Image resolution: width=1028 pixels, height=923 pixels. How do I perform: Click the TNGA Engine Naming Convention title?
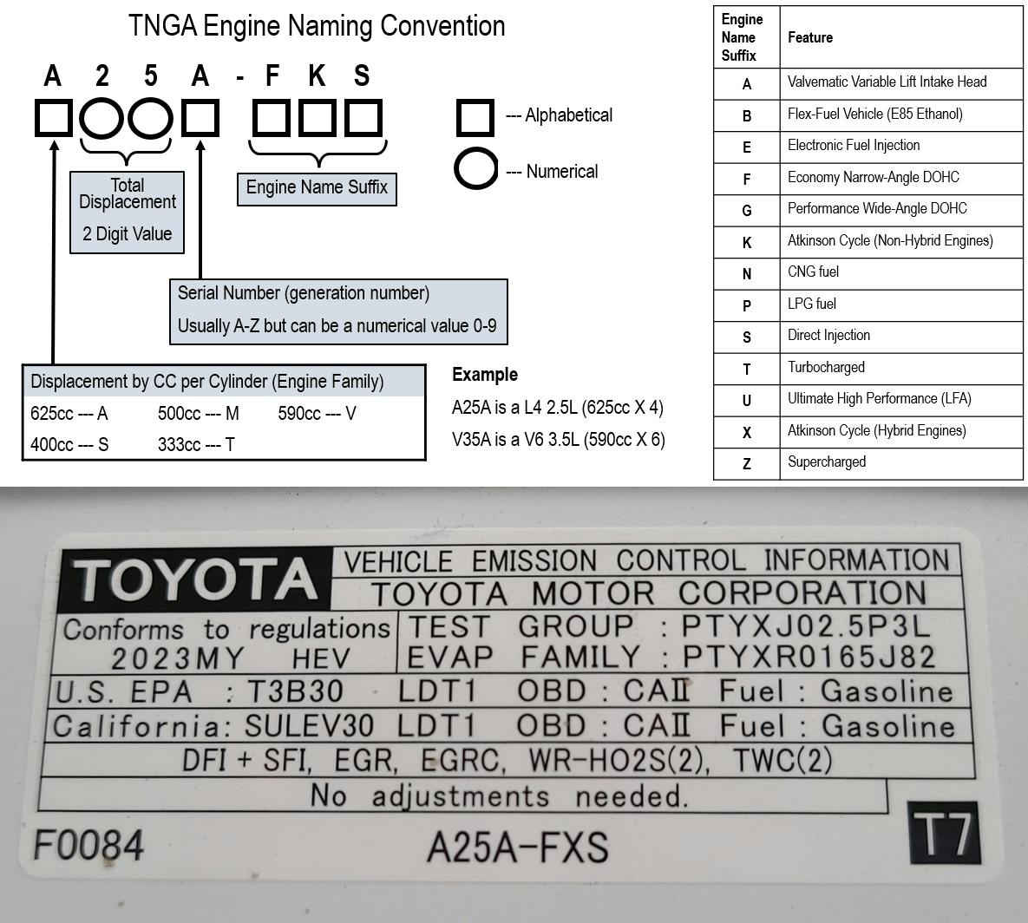point(317,26)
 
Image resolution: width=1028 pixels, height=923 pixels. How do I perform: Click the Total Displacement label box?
point(127,212)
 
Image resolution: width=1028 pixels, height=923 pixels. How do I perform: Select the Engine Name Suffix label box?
point(317,188)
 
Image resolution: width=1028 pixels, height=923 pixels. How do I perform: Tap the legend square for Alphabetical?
point(475,117)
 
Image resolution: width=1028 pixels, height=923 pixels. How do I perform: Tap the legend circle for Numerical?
point(475,169)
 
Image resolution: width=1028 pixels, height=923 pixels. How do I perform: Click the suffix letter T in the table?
point(746,369)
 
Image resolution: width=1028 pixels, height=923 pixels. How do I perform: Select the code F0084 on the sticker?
point(88,844)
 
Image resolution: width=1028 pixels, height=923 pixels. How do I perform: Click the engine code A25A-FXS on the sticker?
point(517,847)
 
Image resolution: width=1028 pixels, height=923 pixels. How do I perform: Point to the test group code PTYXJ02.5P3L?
point(806,625)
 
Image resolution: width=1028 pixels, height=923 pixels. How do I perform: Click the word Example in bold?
point(485,375)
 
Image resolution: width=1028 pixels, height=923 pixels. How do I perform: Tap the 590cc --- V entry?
point(317,414)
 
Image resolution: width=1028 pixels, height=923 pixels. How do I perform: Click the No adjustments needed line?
point(499,795)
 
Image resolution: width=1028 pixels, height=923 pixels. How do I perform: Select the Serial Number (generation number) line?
point(304,293)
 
